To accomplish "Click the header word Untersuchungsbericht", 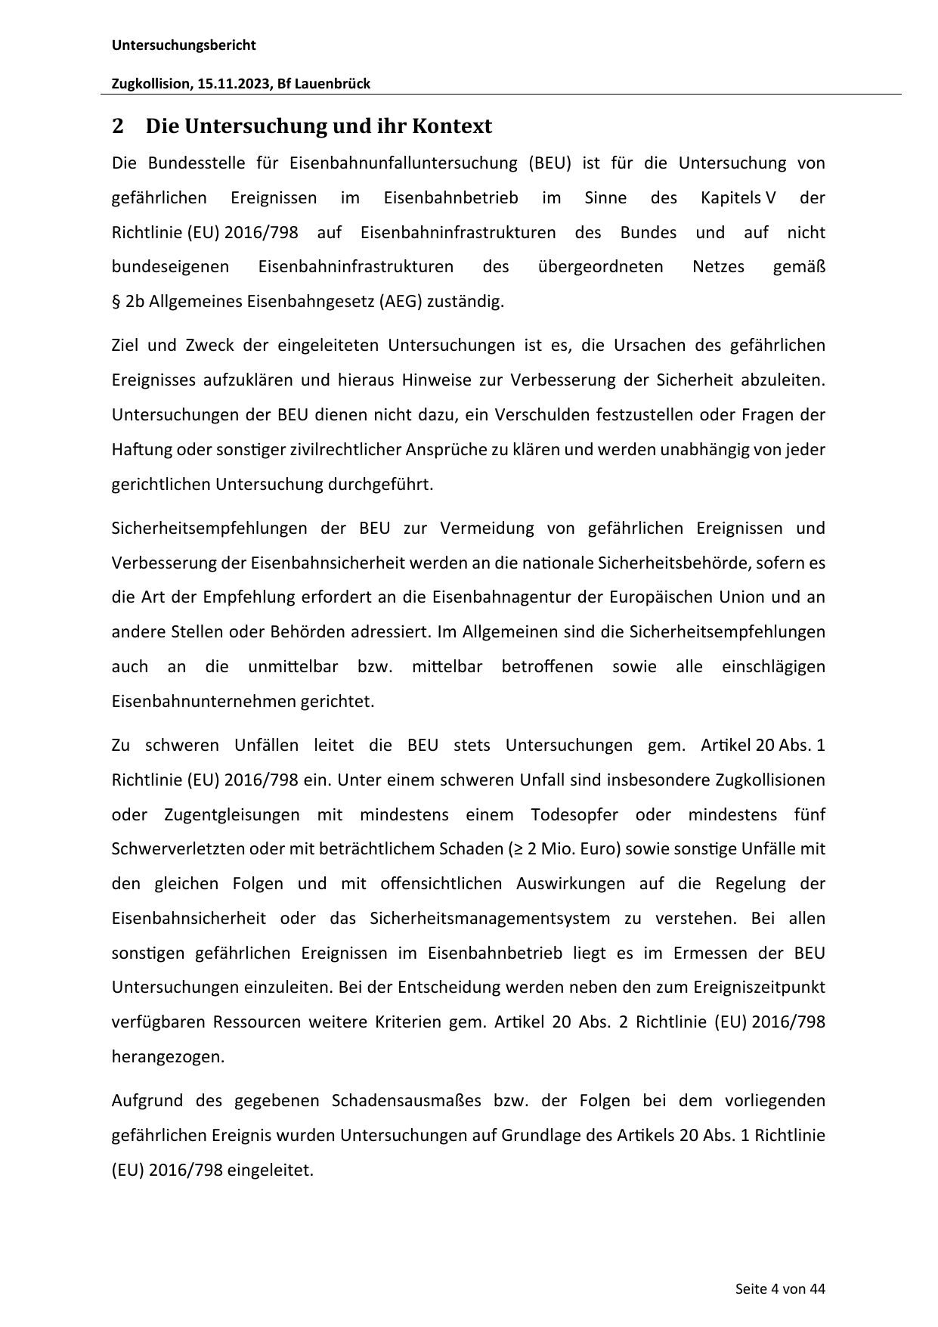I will (184, 45).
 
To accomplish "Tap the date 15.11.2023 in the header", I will (234, 84).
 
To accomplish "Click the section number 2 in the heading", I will (117, 126).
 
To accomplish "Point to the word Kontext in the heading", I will (451, 126).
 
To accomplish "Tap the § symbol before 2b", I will (116, 302).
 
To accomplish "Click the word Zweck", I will (209, 346).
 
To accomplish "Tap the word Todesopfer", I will (574, 815).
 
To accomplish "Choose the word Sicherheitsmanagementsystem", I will (490, 919).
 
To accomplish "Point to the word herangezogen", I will (168, 1057).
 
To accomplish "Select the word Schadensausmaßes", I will (406, 1101).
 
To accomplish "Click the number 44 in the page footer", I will (817, 1289).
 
